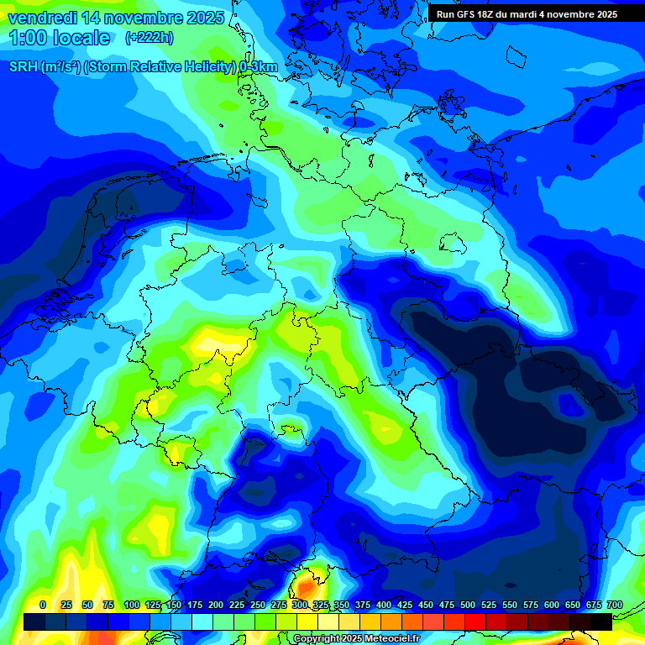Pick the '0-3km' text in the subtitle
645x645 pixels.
tap(259, 67)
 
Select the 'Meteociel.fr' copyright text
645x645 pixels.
tap(388, 639)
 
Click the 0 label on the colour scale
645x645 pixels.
tap(43, 605)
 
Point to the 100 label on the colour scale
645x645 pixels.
tap(132, 605)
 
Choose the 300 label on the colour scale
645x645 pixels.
tap(300, 605)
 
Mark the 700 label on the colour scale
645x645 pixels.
tap(615, 605)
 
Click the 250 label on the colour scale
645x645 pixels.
tap(258, 605)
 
